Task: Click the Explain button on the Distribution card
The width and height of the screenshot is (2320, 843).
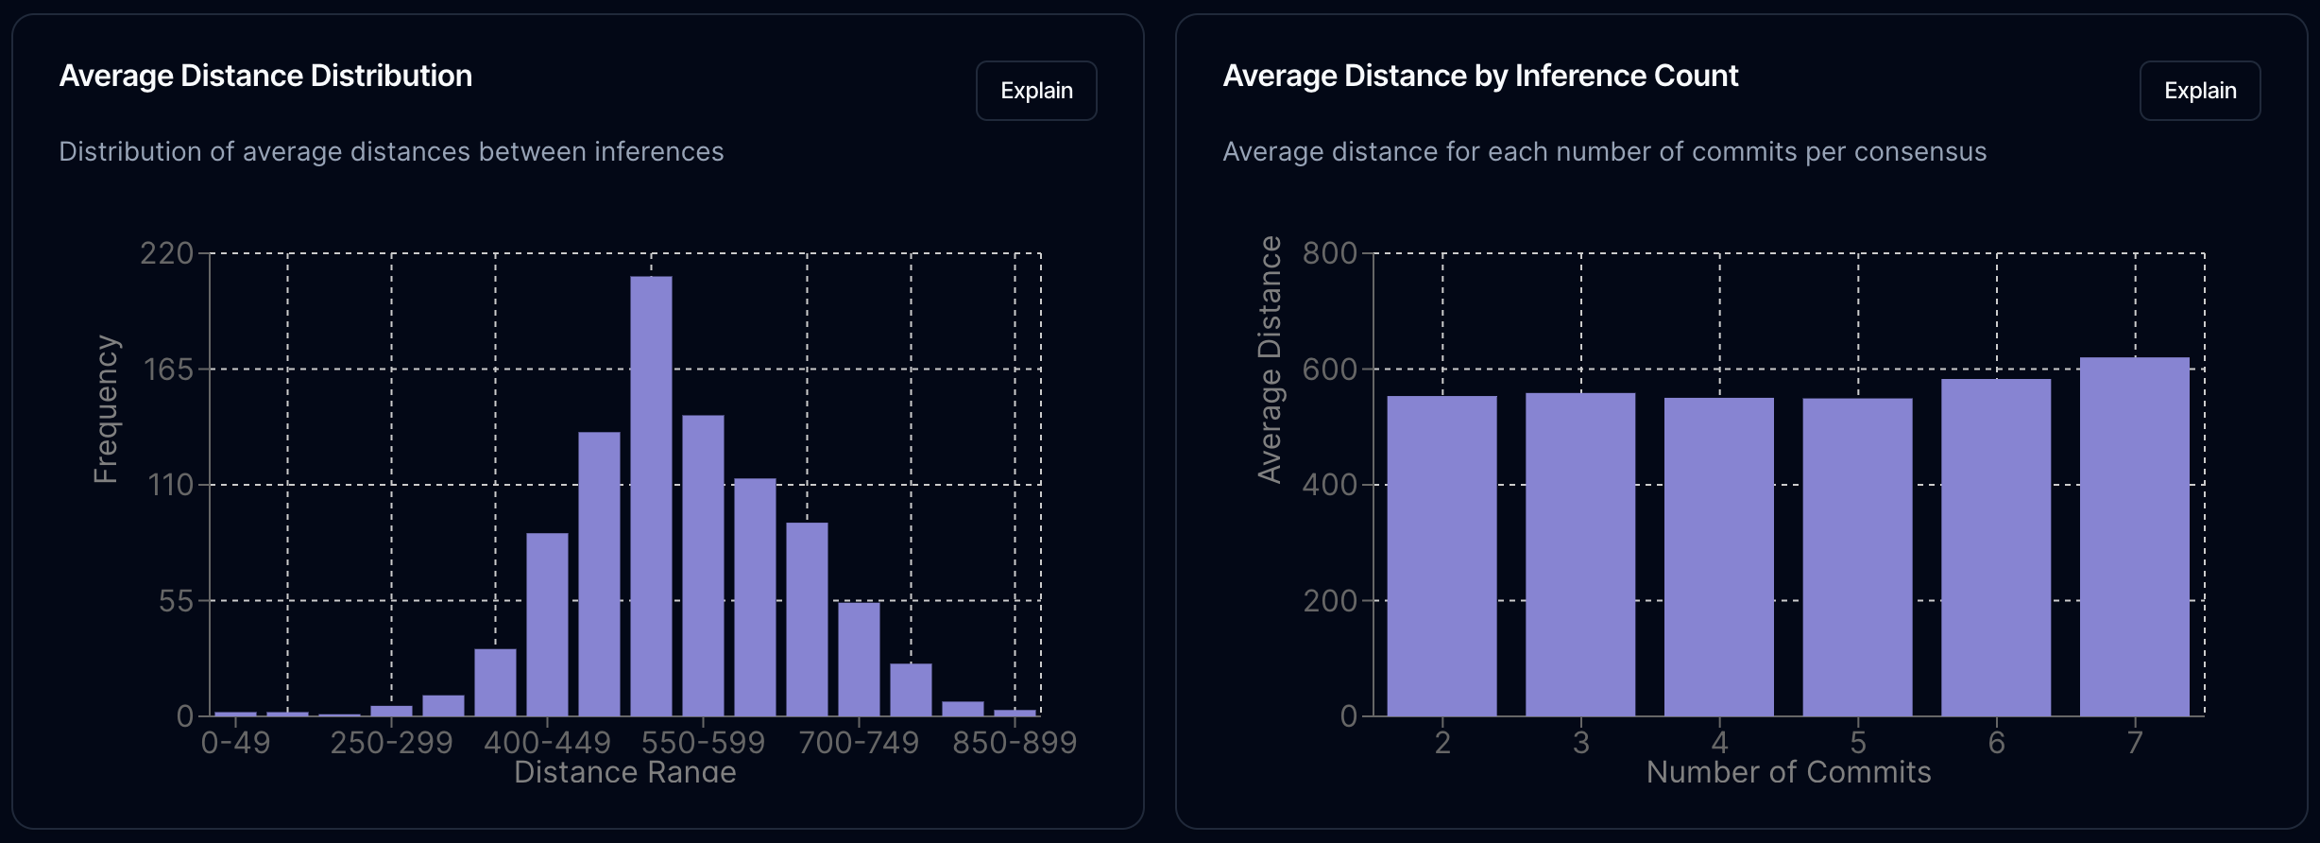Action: pos(1036,91)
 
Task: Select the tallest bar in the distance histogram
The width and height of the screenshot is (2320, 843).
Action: pos(651,495)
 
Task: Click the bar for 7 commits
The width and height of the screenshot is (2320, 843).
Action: pos(2134,536)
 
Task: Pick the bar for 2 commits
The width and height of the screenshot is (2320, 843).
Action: pos(1441,556)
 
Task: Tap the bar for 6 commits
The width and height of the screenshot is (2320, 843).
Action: pos(1996,547)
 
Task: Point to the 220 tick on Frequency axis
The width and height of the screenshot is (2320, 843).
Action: pos(166,253)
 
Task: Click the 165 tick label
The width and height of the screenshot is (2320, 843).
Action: pos(168,370)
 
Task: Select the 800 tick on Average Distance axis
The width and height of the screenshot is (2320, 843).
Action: pos(1329,253)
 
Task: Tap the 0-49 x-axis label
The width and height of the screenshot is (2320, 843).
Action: pos(235,743)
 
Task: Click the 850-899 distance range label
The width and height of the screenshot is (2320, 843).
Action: pos(1015,743)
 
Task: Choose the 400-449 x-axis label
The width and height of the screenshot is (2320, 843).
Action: pos(547,743)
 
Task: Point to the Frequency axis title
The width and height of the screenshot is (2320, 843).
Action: pos(106,409)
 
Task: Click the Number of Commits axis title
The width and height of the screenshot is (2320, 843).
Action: pos(1788,772)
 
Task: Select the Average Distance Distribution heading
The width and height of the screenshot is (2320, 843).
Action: pos(265,76)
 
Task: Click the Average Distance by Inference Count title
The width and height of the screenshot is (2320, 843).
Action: pos(1480,76)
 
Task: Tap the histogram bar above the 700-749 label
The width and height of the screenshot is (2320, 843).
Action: pos(859,659)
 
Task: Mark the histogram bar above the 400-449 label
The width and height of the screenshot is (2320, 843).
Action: pos(547,624)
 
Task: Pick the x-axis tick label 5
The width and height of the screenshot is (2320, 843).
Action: pos(1857,743)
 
